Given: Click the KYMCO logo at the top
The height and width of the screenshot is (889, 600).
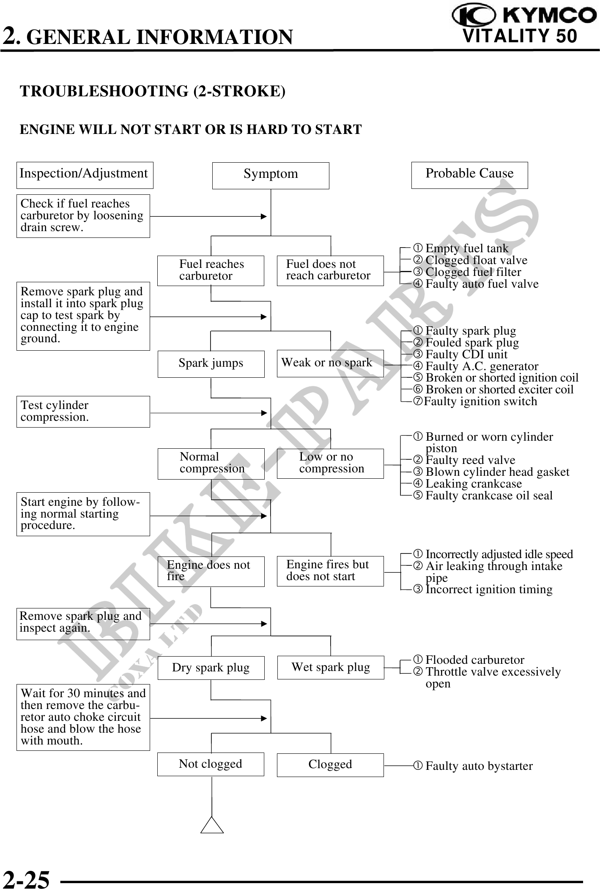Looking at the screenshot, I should pyautogui.click(x=524, y=16).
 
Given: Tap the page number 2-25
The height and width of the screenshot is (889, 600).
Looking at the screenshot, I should pyautogui.click(x=27, y=879).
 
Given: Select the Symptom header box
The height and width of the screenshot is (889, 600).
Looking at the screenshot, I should pyautogui.click(x=271, y=175).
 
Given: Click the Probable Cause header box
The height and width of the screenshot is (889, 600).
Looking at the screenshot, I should pyautogui.click(x=469, y=175).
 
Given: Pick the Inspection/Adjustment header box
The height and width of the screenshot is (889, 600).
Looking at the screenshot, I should pyautogui.click(x=85, y=175).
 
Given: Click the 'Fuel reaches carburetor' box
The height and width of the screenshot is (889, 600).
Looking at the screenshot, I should pyautogui.click(x=211, y=270).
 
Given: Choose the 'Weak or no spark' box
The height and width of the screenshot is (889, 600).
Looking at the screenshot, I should pyautogui.click(x=330, y=363).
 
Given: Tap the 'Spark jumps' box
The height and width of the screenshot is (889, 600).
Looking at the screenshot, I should pyautogui.click(x=211, y=364).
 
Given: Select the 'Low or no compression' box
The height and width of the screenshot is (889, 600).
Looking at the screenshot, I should pyautogui.click(x=330, y=464).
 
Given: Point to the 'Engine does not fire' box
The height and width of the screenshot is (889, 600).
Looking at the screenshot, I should pyautogui.click(x=211, y=571).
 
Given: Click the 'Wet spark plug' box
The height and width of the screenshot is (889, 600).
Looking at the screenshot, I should pyautogui.click(x=330, y=668).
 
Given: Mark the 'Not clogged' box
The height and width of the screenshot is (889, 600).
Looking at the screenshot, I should pyautogui.click(x=211, y=764).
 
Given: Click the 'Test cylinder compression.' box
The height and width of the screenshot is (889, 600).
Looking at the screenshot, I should pyautogui.click(x=83, y=412).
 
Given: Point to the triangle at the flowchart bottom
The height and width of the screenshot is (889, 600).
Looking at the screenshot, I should pyautogui.click(x=212, y=825).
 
